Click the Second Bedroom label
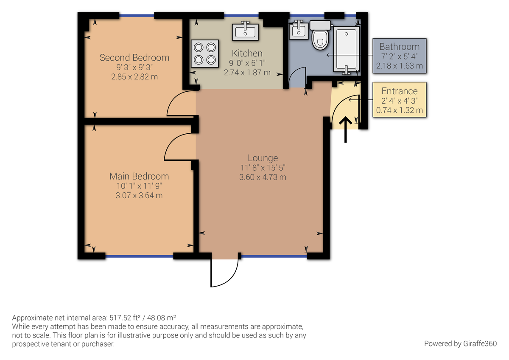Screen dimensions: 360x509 pyautogui.click(x=134, y=57)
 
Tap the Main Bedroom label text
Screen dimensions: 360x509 pyautogui.click(x=139, y=176)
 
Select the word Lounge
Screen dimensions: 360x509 pyautogui.click(x=263, y=158)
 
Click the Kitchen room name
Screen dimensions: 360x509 pyautogui.click(x=247, y=53)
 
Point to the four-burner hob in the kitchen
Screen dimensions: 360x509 pyautogui.click(x=205, y=53)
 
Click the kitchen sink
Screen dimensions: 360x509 pyautogui.click(x=245, y=31)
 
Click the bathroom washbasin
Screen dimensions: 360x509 pyautogui.click(x=299, y=30)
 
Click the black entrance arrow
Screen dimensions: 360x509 pyautogui.click(x=346, y=129)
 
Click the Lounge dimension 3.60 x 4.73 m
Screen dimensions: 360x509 pyautogui.click(x=263, y=177)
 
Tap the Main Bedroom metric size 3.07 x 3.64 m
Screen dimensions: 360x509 pyautogui.click(x=139, y=195)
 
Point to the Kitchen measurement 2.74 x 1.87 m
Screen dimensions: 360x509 pyautogui.click(x=247, y=72)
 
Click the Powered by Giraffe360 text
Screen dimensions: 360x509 pyautogui.click(x=460, y=343)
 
